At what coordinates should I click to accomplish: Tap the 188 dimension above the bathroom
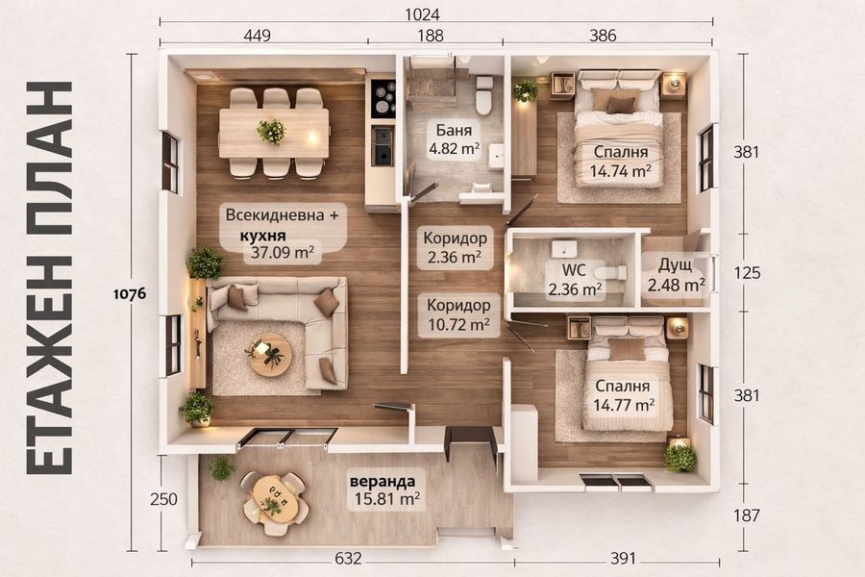pyautogui.click(x=431, y=36)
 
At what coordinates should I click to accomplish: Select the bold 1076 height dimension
pyautogui.click(x=130, y=293)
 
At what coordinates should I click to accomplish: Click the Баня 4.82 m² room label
pyautogui.click(x=454, y=139)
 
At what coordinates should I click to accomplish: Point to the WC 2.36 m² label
pyautogui.click(x=574, y=280)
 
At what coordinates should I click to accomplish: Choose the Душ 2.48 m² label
pyautogui.click(x=676, y=275)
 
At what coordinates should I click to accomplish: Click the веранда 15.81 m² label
pyautogui.click(x=386, y=489)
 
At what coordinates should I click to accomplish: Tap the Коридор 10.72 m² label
pyautogui.click(x=458, y=314)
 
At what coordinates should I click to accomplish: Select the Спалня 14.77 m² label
pyautogui.click(x=624, y=395)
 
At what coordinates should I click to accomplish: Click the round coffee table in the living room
pyautogui.click(x=270, y=354)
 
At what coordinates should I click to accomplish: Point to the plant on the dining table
pyautogui.click(x=271, y=132)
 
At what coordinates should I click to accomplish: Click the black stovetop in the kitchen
pyautogui.click(x=383, y=99)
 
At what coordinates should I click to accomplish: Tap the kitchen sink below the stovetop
pyautogui.click(x=383, y=145)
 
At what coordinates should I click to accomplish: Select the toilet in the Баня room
pyautogui.click(x=484, y=95)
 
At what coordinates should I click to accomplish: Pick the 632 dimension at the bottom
pyautogui.click(x=348, y=559)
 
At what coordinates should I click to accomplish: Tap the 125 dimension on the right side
pyautogui.click(x=747, y=272)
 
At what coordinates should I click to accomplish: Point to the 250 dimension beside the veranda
pyautogui.click(x=163, y=499)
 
